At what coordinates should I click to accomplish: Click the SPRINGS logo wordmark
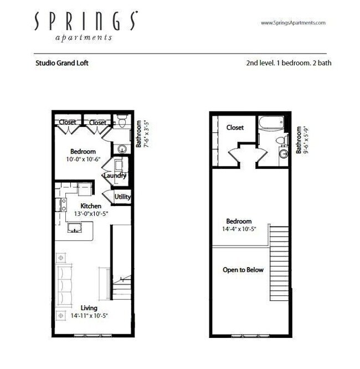click(x=86, y=21)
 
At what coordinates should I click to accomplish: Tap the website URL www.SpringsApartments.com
click(x=292, y=23)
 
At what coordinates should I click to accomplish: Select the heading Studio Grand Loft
click(x=62, y=63)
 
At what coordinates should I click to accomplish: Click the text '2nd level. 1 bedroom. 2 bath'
click(x=289, y=63)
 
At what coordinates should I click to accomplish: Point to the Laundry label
click(x=115, y=176)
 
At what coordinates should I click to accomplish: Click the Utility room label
click(x=122, y=197)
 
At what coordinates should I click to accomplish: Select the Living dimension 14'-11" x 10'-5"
click(x=89, y=316)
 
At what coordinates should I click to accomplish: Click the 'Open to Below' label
click(x=243, y=270)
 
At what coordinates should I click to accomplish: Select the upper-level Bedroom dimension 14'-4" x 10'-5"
click(x=239, y=229)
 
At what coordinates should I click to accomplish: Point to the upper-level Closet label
click(x=235, y=127)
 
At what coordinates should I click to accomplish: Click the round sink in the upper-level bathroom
click(x=283, y=155)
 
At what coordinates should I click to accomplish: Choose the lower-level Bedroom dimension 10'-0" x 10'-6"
click(x=83, y=160)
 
